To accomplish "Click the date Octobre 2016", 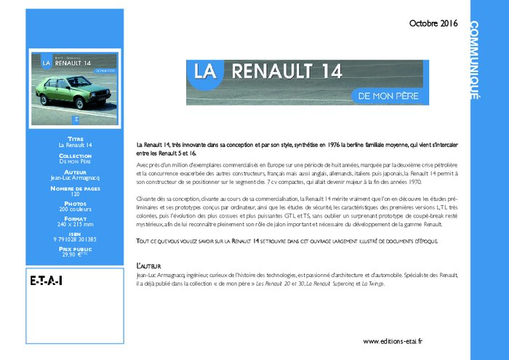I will [433, 23].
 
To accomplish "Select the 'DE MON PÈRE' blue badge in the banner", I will [385, 95].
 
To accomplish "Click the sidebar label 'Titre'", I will [76, 138].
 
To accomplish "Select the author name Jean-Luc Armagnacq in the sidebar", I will [76, 177].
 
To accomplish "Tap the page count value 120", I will [76, 195].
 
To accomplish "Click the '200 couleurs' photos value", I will [76, 209].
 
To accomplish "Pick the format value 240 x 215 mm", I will [76, 225].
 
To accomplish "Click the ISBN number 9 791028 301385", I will [76, 239].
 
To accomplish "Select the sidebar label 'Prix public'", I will [76, 248].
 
